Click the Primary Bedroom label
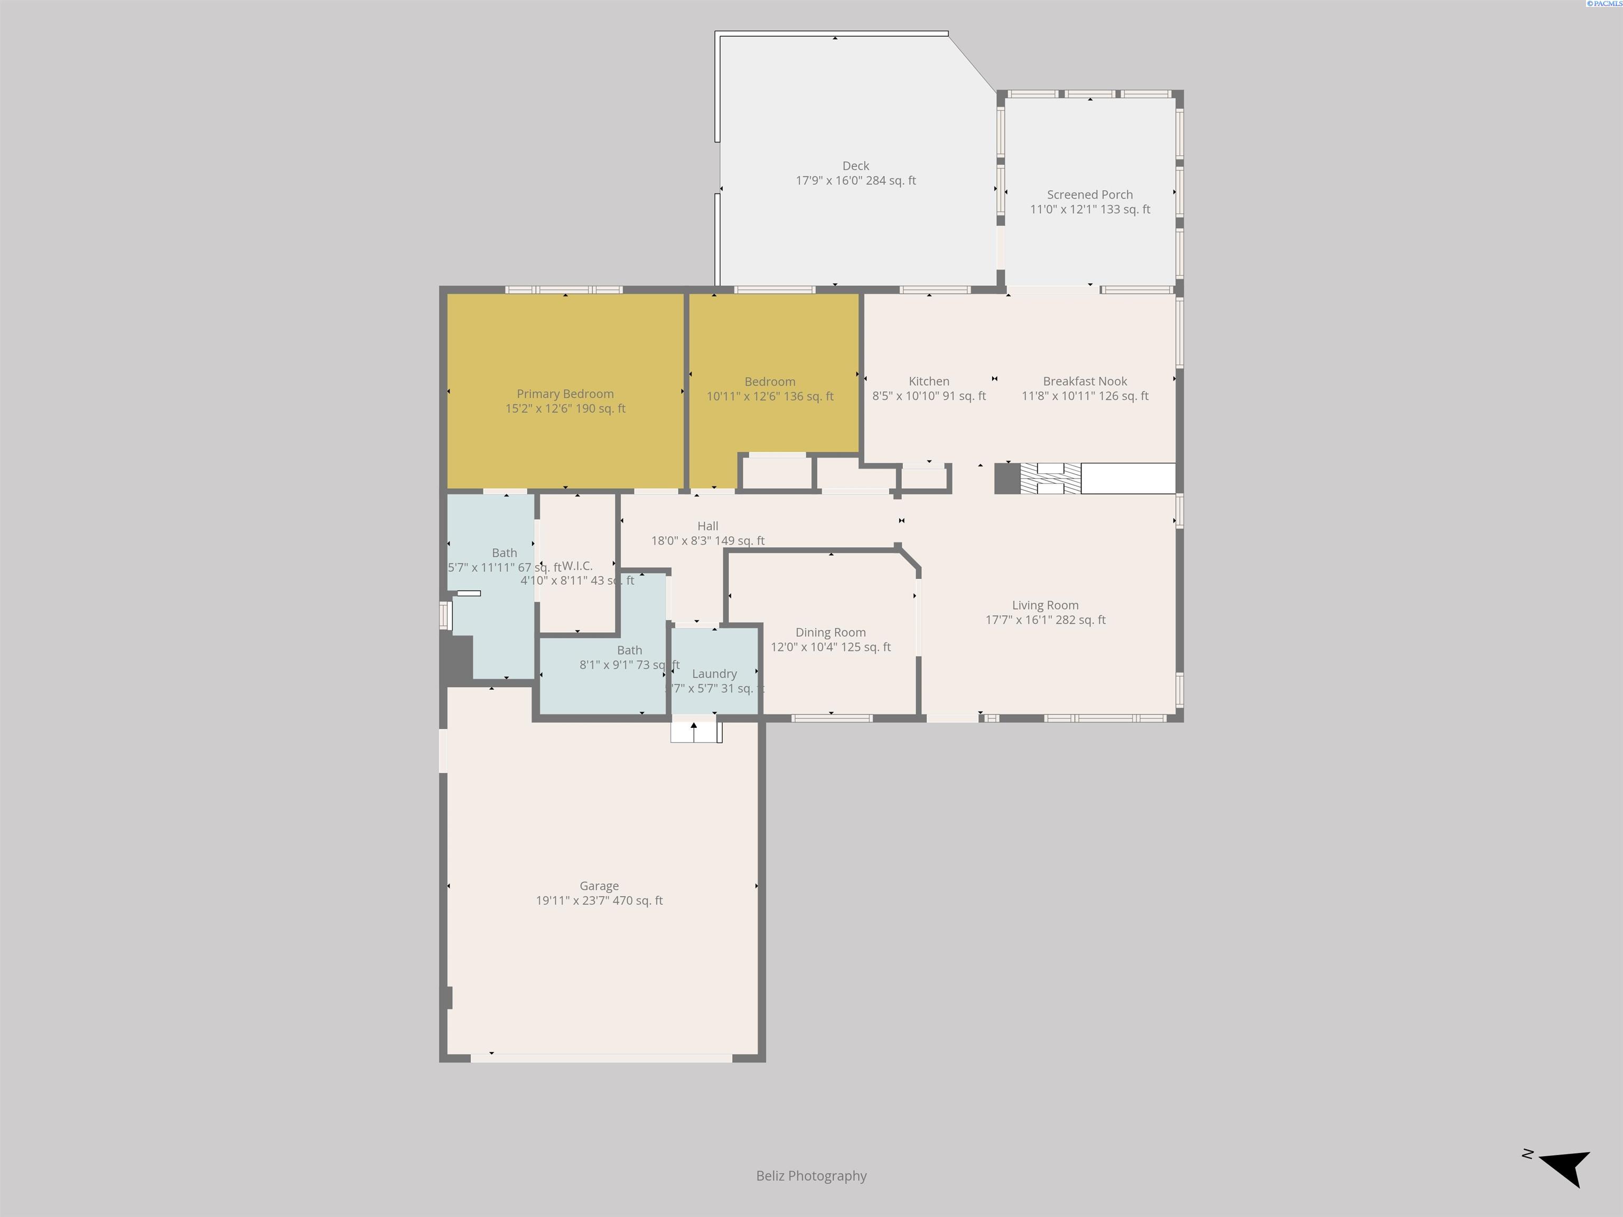pyautogui.click(x=565, y=394)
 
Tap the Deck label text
pyautogui.click(x=855, y=166)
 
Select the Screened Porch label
pyautogui.click(x=1089, y=194)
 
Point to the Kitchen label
pyautogui.click(x=929, y=381)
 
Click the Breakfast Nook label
pyautogui.click(x=1085, y=381)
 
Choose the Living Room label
pyautogui.click(x=1045, y=605)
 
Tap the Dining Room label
pyautogui.click(x=831, y=632)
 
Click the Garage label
pyautogui.click(x=599, y=886)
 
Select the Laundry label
pyautogui.click(x=714, y=673)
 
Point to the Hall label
pyautogui.click(x=707, y=526)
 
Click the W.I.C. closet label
pyautogui.click(x=577, y=566)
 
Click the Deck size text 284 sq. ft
pyautogui.click(x=891, y=181)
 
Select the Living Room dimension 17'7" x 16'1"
pyautogui.click(x=1019, y=620)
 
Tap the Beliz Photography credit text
pyautogui.click(x=811, y=1176)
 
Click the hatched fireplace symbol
pyautogui.click(x=1050, y=478)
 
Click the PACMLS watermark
pyautogui.click(x=1604, y=4)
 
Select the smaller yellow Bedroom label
pyautogui.click(x=770, y=381)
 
